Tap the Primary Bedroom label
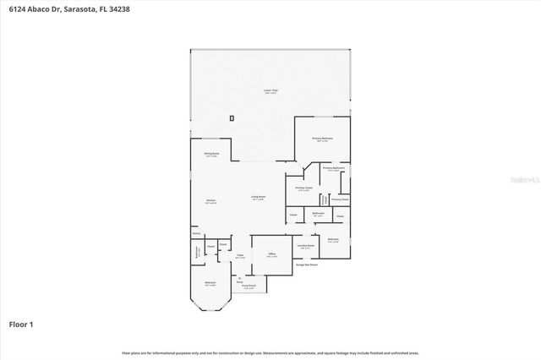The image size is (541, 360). click(x=321, y=138)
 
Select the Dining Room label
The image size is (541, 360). click(x=211, y=153)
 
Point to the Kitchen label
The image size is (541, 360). click(x=210, y=200)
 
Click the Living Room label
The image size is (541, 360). click(x=258, y=197)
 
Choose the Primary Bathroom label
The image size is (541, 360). click(x=333, y=168)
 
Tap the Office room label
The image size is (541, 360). click(x=272, y=254)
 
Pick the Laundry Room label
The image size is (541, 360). click(x=305, y=245)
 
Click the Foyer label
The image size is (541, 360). click(x=240, y=254)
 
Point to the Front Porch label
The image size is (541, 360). click(x=249, y=286)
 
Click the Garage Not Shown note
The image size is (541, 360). click(x=306, y=265)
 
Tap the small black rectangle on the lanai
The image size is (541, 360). click(x=231, y=118)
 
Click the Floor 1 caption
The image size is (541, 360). click(x=21, y=324)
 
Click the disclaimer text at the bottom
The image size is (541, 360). click(x=270, y=352)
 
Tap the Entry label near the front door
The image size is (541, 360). click(x=239, y=282)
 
